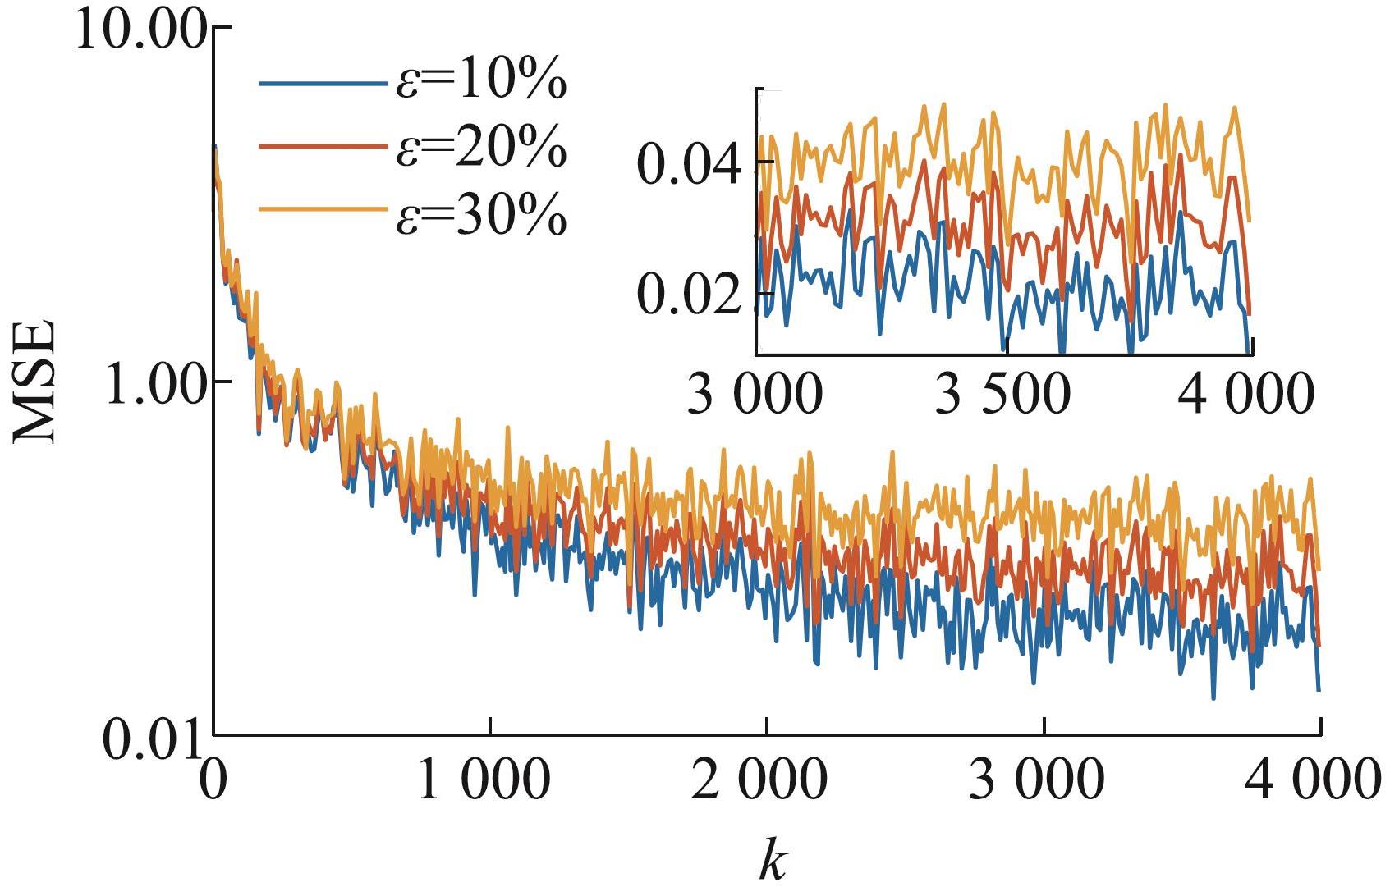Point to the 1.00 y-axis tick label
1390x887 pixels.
[153, 382]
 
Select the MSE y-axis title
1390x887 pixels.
[34, 382]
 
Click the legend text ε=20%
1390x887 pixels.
[481, 146]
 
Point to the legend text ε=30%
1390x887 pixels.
[481, 213]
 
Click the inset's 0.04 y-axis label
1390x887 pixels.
[695, 162]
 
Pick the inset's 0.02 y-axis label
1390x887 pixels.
[695, 294]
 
